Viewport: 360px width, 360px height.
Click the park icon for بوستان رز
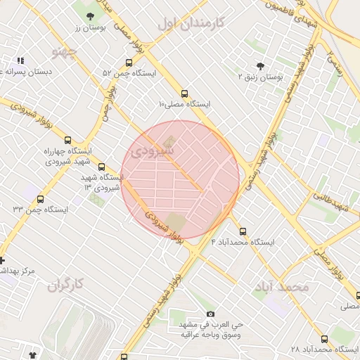point(89,15)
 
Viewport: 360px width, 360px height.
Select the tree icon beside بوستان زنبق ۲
point(261,65)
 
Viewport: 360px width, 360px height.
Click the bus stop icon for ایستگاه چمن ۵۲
point(127,63)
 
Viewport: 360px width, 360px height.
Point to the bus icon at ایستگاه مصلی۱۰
point(185,93)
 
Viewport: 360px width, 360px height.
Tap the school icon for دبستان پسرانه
point(20,61)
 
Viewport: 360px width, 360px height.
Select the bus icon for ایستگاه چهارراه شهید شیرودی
point(67,140)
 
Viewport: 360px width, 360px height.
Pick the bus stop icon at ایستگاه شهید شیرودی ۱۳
point(102,167)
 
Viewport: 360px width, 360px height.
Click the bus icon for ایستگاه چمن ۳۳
point(40,199)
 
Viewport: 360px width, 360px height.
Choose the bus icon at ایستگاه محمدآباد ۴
point(243,231)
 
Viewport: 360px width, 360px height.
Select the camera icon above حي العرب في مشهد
point(210,314)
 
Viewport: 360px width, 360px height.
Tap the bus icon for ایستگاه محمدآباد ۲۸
point(324,338)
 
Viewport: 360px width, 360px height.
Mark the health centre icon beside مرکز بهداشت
point(2,259)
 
